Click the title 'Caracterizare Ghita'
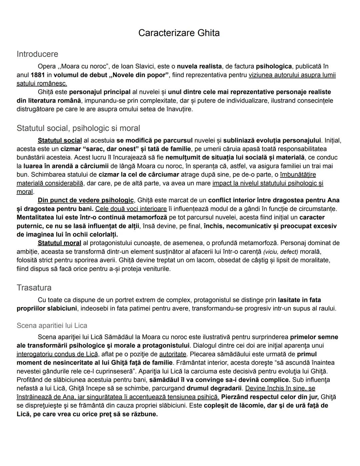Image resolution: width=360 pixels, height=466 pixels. click(179, 33)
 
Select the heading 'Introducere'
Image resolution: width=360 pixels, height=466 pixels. click(37, 54)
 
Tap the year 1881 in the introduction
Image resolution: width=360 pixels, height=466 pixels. click(38, 75)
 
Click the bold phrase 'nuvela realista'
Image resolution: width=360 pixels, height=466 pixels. click(199, 66)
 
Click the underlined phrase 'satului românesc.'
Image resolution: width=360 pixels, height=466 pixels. click(42, 83)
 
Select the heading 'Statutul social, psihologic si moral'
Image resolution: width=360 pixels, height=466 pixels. click(78, 128)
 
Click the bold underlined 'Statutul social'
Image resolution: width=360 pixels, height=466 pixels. click(60, 140)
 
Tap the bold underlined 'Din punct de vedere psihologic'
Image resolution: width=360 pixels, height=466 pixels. click(86, 200)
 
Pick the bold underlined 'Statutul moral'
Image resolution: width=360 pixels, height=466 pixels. click(59, 243)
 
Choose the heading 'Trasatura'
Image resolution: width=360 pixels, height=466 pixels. click(34, 288)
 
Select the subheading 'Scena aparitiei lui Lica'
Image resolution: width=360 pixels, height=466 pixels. click(52, 325)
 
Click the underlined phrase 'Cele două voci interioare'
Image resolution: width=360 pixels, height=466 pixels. click(131, 209)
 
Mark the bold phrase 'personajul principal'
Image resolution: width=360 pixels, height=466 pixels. click(100, 92)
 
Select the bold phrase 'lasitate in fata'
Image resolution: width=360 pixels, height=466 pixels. click(299, 300)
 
